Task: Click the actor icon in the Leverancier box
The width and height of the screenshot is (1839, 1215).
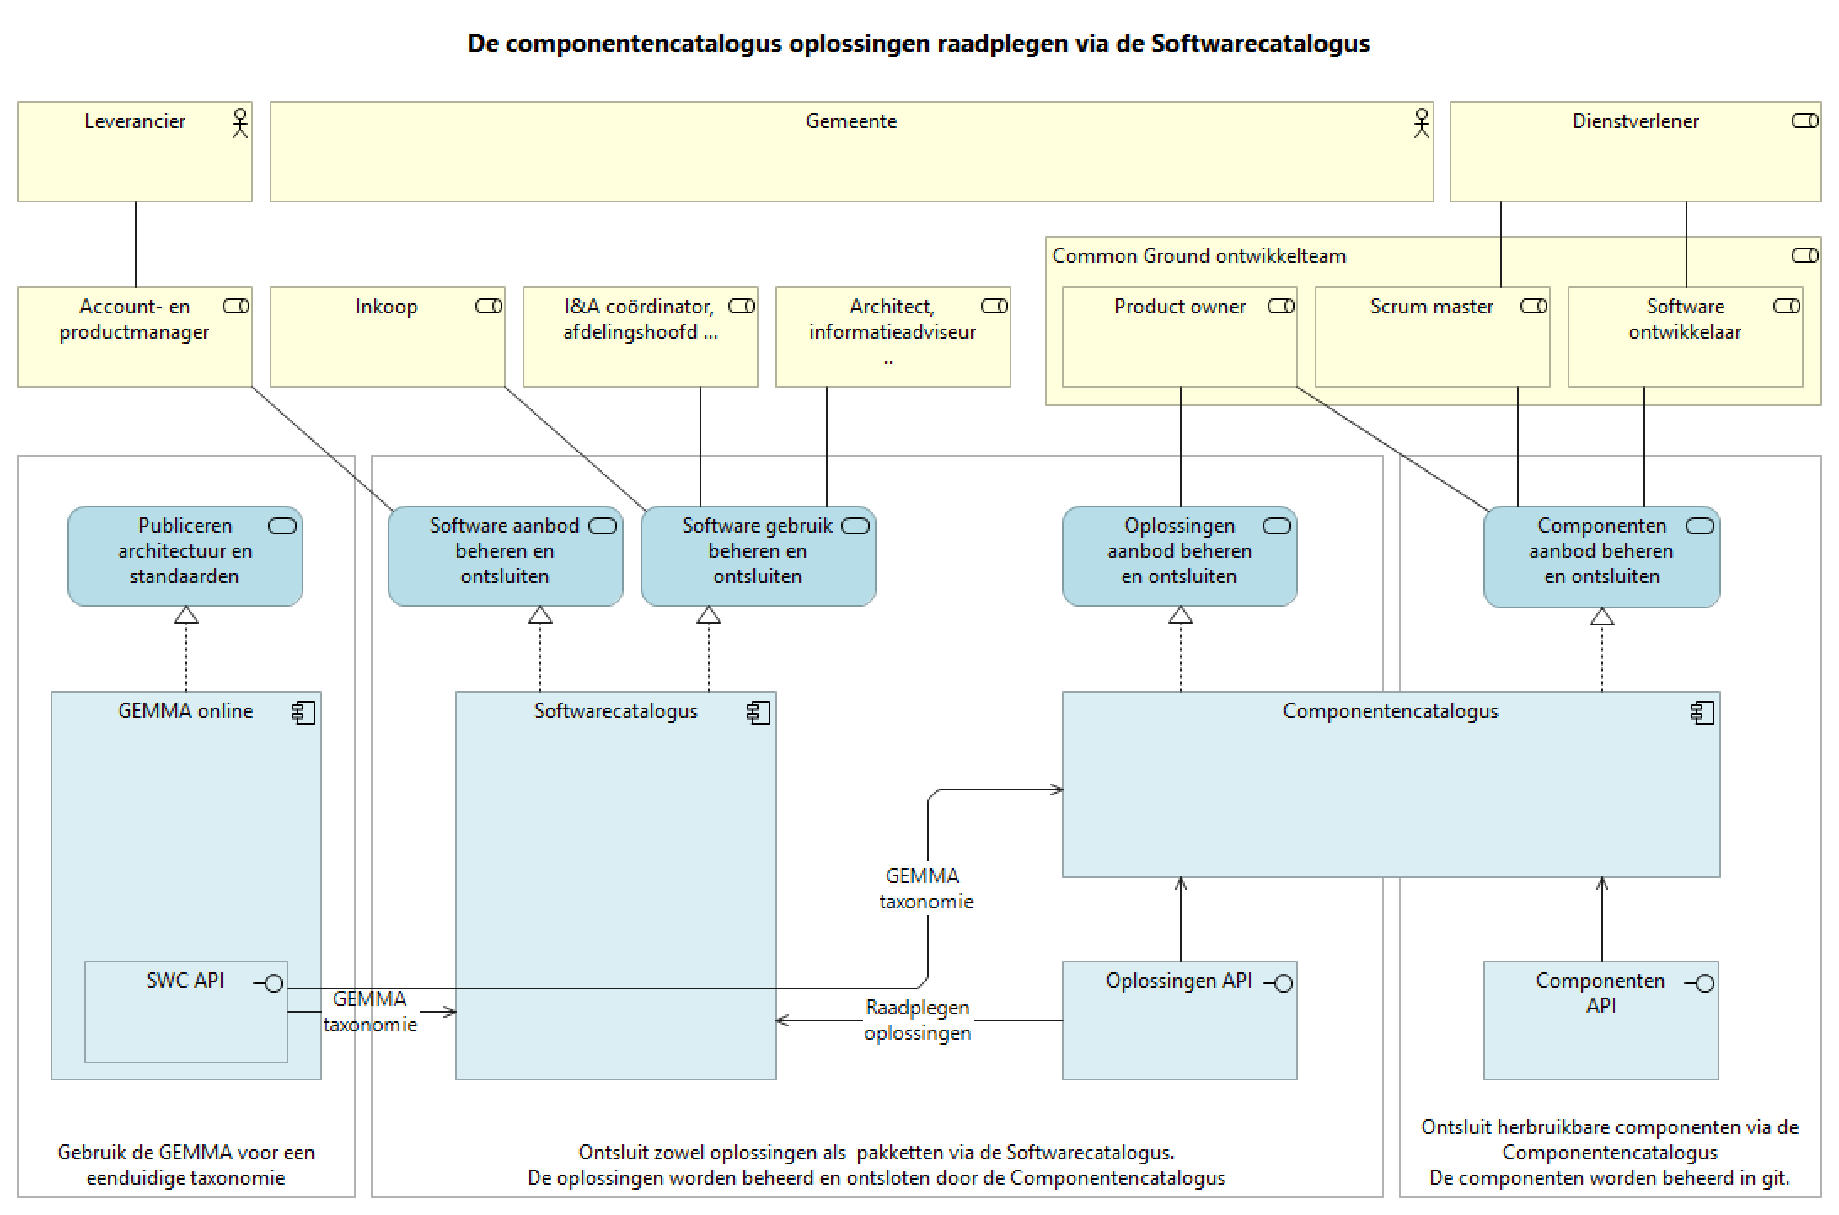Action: [x=240, y=123]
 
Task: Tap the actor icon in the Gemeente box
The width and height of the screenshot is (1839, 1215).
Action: [x=1422, y=123]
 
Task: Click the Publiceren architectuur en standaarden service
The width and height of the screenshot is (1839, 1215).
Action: [x=185, y=555]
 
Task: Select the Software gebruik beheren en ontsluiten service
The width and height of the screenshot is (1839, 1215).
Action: [x=758, y=555]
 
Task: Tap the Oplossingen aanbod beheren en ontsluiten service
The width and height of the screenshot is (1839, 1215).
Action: [x=1179, y=555]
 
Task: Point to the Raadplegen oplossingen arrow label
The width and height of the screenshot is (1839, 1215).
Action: [x=917, y=1020]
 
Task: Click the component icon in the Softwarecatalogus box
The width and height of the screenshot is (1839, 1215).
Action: [x=758, y=713]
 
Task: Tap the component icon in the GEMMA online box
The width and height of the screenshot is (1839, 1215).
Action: [x=303, y=713]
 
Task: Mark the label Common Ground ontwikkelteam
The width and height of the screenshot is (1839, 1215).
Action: [x=1198, y=256]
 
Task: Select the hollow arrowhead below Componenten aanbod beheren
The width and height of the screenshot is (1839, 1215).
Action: [x=1601, y=617]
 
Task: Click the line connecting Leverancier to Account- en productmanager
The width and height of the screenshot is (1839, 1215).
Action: [x=136, y=244]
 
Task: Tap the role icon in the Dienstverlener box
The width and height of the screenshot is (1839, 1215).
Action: [x=1804, y=121]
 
